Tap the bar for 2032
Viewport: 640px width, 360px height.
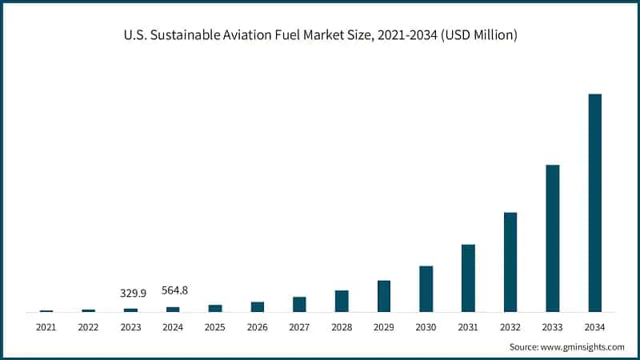tap(510, 262)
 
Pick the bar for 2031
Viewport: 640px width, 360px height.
tap(468, 278)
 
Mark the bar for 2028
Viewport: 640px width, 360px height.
tap(342, 301)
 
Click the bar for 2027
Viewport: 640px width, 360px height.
tap(299, 304)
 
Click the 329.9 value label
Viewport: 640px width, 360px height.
tap(133, 293)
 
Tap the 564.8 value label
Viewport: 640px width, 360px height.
tap(173, 290)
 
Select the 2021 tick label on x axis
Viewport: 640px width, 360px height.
tap(46, 326)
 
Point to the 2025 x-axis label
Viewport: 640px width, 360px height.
tap(214, 326)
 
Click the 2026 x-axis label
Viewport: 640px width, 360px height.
tap(257, 326)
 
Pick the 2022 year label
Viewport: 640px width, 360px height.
tap(88, 326)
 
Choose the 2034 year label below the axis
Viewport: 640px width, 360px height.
tap(594, 326)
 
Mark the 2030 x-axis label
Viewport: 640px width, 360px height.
tap(426, 326)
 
